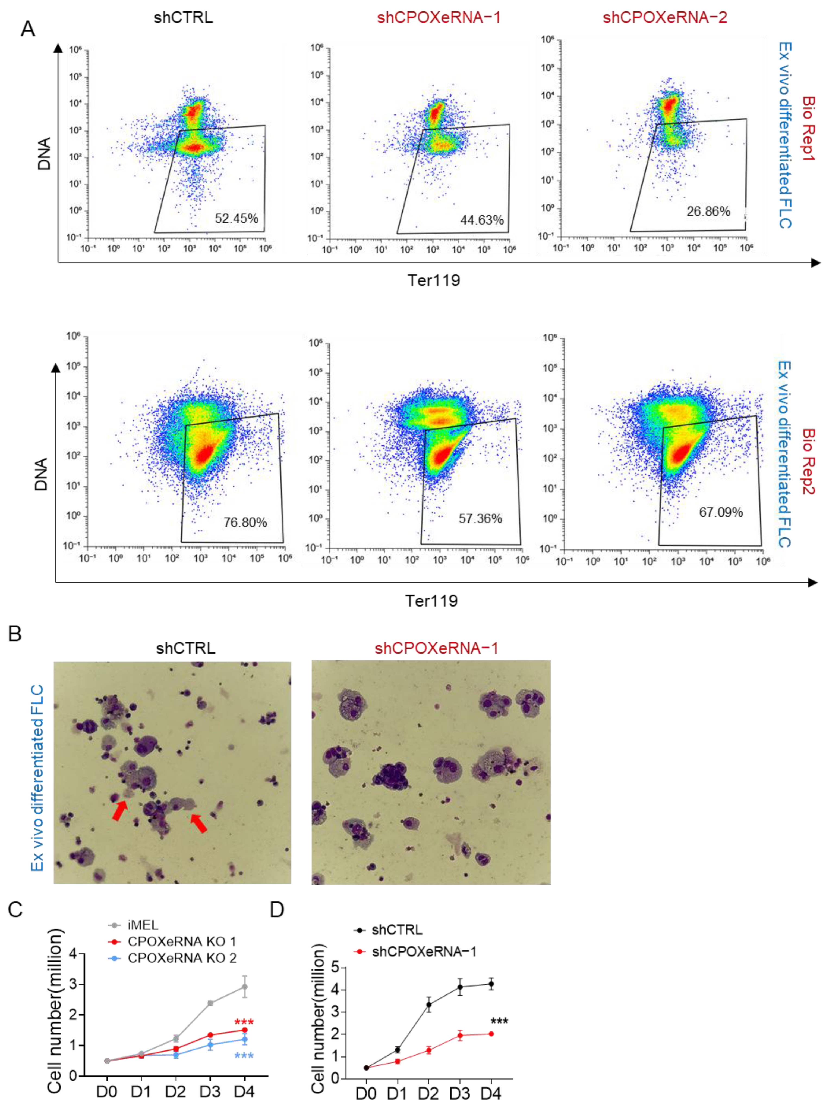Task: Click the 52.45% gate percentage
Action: (x=237, y=218)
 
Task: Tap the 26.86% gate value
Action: (x=708, y=211)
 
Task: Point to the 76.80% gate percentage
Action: (x=245, y=523)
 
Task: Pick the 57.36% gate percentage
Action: (x=480, y=518)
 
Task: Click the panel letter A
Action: (x=28, y=29)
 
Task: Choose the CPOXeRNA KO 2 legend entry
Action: (x=181, y=958)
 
